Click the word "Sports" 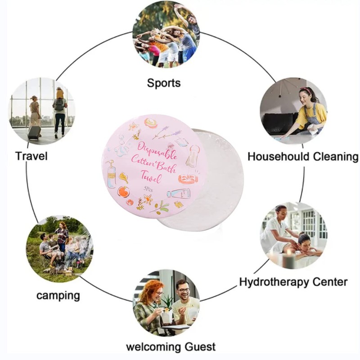[x=163, y=83]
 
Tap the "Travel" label [x=31, y=156]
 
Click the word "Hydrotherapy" [x=270, y=282]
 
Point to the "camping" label [x=58, y=296]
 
